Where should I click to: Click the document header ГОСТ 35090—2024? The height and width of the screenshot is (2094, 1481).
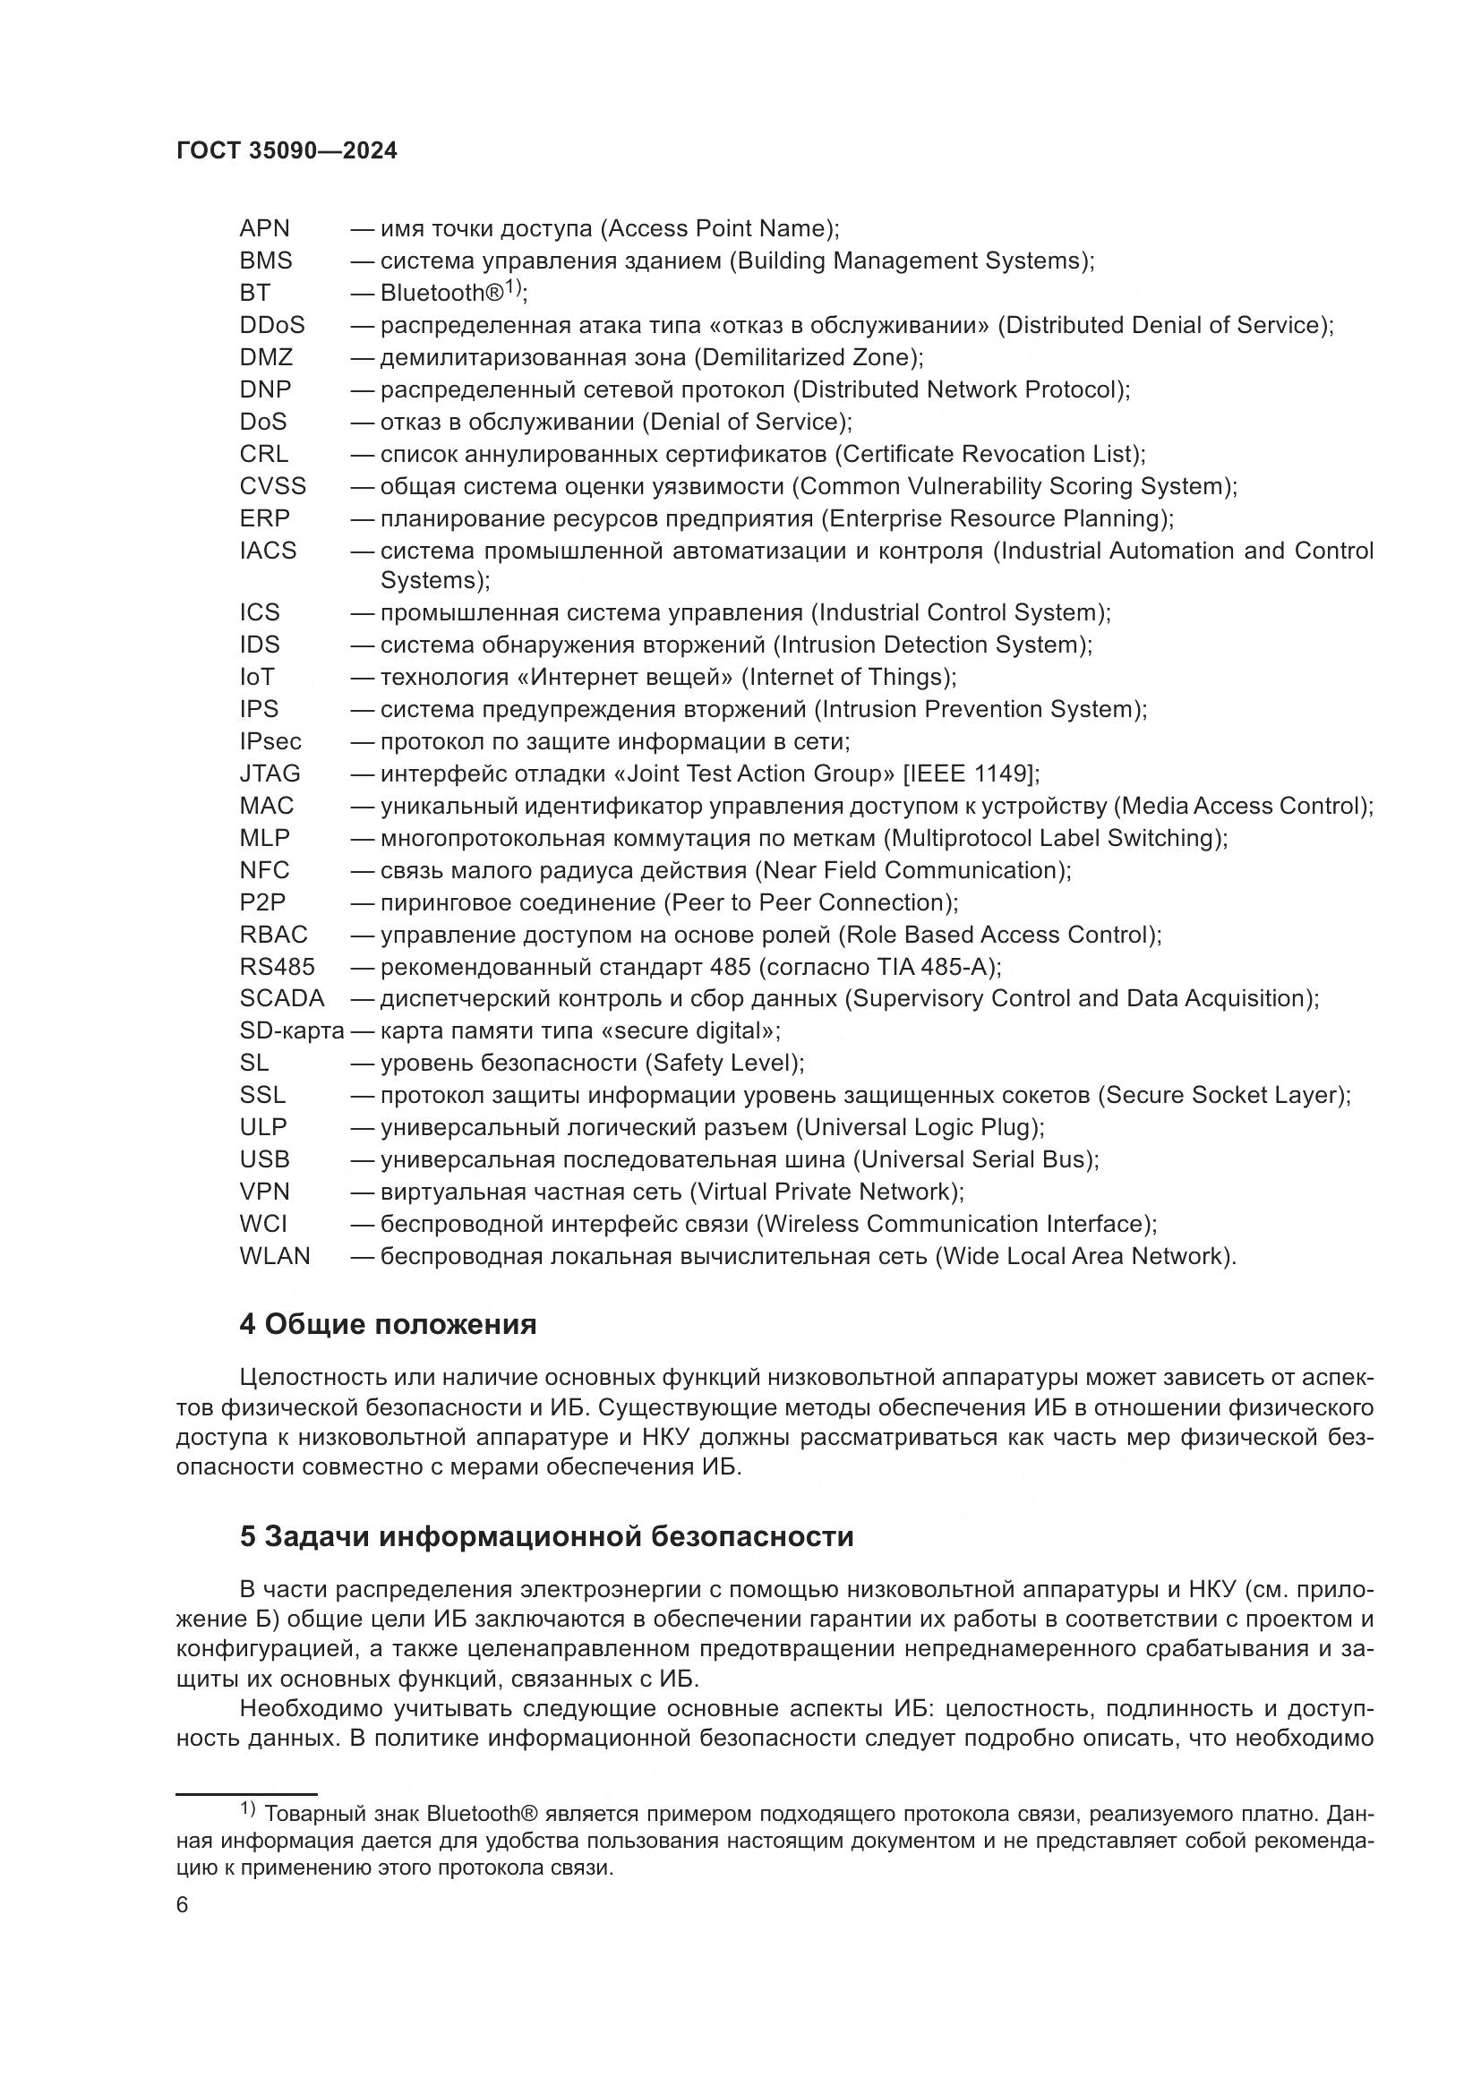(287, 150)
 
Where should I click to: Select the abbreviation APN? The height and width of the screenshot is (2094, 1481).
(264, 228)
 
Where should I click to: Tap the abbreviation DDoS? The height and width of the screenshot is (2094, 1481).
(272, 325)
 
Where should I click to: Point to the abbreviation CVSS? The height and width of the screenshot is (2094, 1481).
(273, 486)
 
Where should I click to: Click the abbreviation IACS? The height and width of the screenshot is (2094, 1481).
(268, 551)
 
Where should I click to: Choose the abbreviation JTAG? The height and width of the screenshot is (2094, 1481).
(270, 773)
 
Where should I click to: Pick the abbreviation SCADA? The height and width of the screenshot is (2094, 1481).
(282, 999)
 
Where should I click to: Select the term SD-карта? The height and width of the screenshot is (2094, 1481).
(292, 1030)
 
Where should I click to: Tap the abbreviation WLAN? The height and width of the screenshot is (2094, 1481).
(275, 1256)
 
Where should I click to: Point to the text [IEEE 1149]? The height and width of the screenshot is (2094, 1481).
(970, 773)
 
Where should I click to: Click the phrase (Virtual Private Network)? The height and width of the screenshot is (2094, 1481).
(826, 1191)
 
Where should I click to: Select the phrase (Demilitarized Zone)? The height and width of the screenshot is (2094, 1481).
(807, 356)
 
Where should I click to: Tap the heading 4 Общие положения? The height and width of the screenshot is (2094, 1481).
(388, 1324)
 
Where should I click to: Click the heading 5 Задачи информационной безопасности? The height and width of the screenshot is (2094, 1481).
(546, 1537)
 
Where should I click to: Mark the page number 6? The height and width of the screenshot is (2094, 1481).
(183, 1905)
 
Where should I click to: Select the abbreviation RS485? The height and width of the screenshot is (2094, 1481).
(278, 966)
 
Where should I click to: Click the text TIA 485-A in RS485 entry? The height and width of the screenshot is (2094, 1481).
(934, 966)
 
